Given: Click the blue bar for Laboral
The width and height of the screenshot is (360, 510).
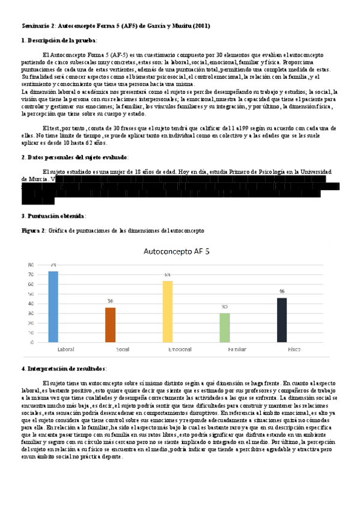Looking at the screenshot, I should click(53, 307).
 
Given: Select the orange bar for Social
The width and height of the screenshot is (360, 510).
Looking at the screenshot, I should click(110, 325).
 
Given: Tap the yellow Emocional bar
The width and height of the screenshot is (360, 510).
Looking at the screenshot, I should click(168, 311).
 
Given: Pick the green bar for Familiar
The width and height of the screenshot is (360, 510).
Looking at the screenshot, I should click(224, 327).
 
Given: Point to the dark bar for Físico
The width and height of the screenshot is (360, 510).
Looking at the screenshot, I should click(281, 319).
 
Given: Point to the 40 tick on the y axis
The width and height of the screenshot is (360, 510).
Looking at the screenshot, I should click(31, 303).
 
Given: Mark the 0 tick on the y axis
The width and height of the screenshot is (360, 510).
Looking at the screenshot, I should click(32, 342).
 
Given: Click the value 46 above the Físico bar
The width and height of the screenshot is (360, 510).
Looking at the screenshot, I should click(281, 292).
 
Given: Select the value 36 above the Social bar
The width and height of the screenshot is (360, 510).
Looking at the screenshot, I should click(110, 301).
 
